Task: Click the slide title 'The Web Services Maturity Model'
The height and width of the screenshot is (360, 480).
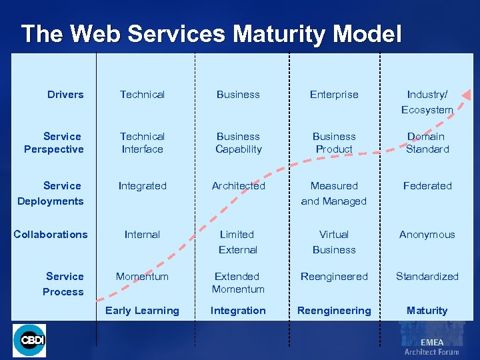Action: [211, 34]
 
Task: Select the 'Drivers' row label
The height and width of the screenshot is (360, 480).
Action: [65, 95]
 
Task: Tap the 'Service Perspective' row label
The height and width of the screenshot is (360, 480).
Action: [54, 143]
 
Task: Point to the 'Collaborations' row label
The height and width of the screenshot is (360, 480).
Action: [51, 235]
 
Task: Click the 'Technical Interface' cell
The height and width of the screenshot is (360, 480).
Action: [142, 143]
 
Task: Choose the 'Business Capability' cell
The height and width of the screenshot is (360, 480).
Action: [238, 143]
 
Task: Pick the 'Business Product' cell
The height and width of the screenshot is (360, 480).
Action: [334, 143]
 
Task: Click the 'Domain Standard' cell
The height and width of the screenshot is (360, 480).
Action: [427, 143]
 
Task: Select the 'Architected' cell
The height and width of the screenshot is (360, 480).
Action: [238, 186]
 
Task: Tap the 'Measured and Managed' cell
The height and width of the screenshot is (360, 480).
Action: [334, 193]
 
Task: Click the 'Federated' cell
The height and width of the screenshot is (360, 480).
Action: [427, 186]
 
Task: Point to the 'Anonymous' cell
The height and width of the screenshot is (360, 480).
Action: [427, 235]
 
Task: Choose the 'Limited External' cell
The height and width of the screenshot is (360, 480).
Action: [237, 242]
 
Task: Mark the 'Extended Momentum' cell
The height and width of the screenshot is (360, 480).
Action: [238, 283]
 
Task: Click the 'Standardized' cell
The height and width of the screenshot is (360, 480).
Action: [427, 277]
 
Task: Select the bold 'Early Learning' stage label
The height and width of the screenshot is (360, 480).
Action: [142, 311]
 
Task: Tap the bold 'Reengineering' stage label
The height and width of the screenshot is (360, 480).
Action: [334, 311]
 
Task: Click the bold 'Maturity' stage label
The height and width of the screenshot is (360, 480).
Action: [427, 311]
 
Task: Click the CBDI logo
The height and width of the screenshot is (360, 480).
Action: [30, 341]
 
